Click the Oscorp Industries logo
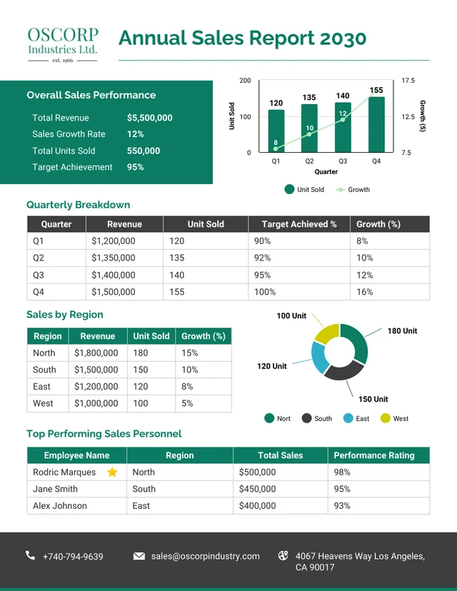coord(62,45)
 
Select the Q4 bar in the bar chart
coord(376,125)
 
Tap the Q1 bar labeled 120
coord(276,131)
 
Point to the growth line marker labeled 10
coord(309,133)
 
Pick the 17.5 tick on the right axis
coord(408,81)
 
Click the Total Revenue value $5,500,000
coord(149,118)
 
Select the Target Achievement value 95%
coord(135,167)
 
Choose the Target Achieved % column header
coord(299,224)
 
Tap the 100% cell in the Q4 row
coord(264,292)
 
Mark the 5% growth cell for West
coord(187,403)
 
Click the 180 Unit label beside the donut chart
coord(402,331)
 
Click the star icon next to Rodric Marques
coord(112,472)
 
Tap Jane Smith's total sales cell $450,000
coord(257,489)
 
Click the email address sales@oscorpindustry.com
coord(205,556)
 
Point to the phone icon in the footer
coord(31,555)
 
